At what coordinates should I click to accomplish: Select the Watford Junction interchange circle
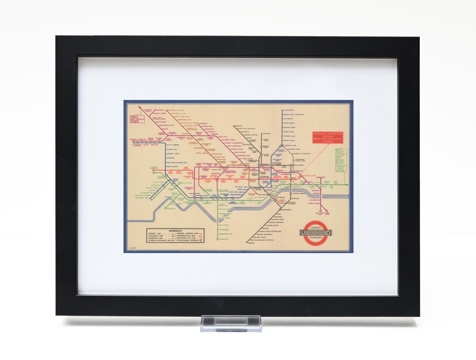coord(167,110)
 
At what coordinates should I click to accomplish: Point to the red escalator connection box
coord(327,137)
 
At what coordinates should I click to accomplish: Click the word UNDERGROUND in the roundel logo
coord(315,233)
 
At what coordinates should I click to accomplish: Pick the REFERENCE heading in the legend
coord(175,231)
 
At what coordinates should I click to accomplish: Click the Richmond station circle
coord(165,209)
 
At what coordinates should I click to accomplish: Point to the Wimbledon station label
coord(224,239)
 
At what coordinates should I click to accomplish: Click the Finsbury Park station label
coord(290,146)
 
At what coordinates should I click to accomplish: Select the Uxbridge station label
coord(133,139)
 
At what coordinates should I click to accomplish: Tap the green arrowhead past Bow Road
coord(347,185)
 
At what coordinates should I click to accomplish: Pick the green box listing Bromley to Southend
coord(340,160)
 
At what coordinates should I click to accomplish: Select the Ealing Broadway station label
coord(154,168)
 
